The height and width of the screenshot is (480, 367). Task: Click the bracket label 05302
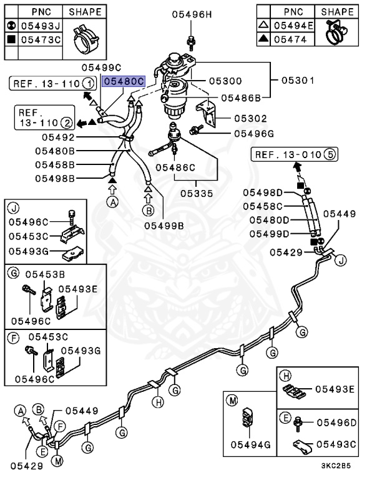250,118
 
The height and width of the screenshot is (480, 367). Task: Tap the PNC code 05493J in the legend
41,25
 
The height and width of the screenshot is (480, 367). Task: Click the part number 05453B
46,273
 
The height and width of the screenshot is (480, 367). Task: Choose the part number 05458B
54,165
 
